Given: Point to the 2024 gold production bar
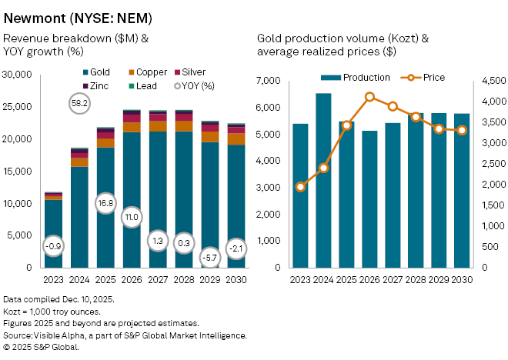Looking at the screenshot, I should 323,181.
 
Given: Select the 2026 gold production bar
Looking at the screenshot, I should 369,200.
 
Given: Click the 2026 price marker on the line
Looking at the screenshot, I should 369,97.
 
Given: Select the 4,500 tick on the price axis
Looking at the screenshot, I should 492,81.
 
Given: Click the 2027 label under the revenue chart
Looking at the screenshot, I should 157,280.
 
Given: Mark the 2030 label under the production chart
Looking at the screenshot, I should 462,280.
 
